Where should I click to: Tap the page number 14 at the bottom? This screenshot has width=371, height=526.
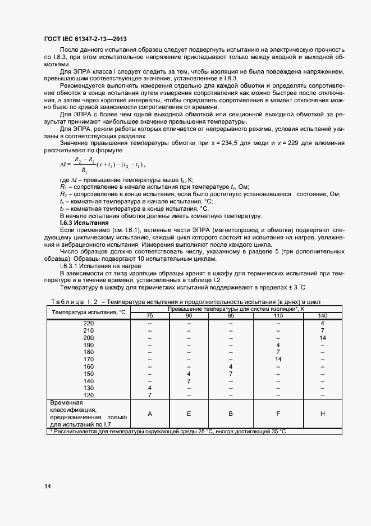(48, 486)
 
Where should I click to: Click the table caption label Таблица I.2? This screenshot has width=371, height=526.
(72, 302)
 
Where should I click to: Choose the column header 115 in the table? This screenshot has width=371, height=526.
(278, 316)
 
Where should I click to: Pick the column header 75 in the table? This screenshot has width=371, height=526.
(150, 316)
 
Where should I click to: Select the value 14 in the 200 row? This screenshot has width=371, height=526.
(322, 338)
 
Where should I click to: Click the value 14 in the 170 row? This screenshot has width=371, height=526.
(278, 359)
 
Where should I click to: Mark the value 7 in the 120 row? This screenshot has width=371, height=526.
(150, 395)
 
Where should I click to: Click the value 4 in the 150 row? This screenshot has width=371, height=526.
(189, 374)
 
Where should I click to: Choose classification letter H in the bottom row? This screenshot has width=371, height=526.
(322, 414)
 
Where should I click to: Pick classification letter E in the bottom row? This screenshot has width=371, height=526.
(189, 414)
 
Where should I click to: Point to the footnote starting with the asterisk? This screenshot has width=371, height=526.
(168, 431)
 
